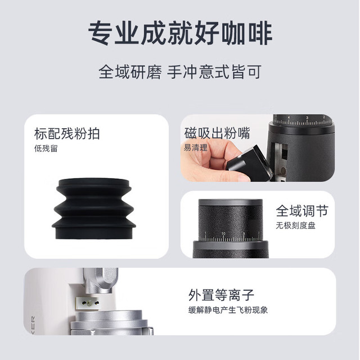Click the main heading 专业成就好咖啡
point(180,33)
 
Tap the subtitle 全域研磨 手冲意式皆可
point(180,72)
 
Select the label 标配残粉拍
point(67,134)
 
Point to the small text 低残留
point(46,148)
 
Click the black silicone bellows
point(94,209)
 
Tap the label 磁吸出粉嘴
point(217,133)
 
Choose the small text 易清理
point(196,147)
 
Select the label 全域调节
point(302,211)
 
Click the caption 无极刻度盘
point(295,226)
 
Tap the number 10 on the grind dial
point(223,234)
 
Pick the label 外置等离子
point(221,295)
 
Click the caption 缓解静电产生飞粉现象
point(228,310)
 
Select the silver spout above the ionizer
point(101,281)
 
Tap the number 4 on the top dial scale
point(289,118)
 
